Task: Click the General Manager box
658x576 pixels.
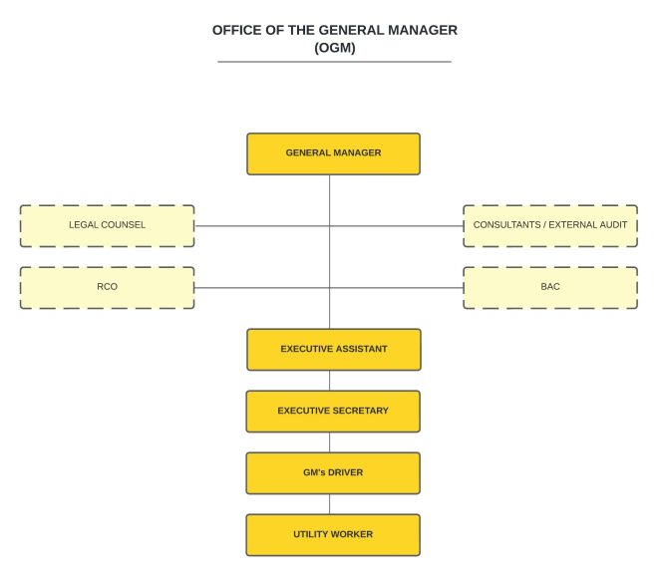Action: pos(333,153)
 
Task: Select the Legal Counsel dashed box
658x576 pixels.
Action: pos(107,225)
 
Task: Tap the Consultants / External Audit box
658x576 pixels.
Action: pos(550,225)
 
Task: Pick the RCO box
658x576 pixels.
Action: pos(107,287)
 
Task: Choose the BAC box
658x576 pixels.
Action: pos(550,287)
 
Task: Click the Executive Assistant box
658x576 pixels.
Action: pos(333,349)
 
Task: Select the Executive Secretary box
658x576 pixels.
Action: pos(333,411)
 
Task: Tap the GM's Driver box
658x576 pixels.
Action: pos(333,472)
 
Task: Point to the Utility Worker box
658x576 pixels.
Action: pos(333,534)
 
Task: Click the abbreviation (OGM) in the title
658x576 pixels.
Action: pos(335,47)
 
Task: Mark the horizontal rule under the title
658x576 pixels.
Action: pos(335,62)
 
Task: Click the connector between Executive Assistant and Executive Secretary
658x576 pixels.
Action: pos(330,380)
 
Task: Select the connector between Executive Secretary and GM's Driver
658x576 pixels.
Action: pos(330,441)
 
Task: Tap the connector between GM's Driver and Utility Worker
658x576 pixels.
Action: pos(330,503)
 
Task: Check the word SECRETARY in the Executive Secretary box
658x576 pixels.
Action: pos(358,411)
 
